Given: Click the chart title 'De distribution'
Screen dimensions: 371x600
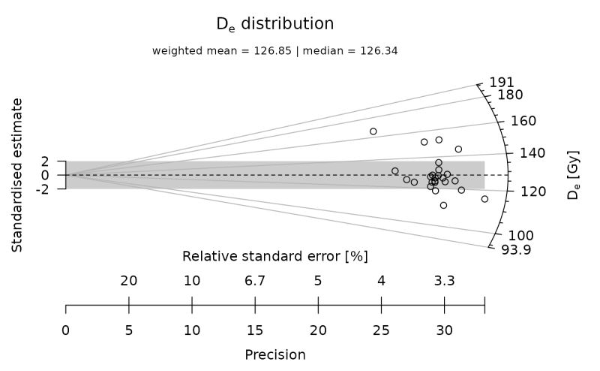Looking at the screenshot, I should coord(274,24).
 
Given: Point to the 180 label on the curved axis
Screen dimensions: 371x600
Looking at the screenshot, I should coord(510,95).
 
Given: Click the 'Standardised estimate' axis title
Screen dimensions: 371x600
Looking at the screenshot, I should coord(16,174).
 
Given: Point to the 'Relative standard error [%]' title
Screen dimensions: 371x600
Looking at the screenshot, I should coord(275,256).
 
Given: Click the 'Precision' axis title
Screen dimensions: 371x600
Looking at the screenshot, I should coord(275,354).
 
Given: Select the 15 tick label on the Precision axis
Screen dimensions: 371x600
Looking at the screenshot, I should coord(255,330).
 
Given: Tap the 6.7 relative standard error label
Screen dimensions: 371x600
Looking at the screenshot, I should coord(255,282).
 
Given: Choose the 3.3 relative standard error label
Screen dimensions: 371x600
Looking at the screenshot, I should coord(445,282).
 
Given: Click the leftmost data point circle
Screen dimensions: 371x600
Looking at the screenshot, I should coord(373,131).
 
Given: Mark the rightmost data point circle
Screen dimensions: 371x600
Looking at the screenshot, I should coord(484,199).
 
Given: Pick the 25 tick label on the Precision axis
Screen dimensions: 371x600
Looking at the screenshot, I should coord(382,330).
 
